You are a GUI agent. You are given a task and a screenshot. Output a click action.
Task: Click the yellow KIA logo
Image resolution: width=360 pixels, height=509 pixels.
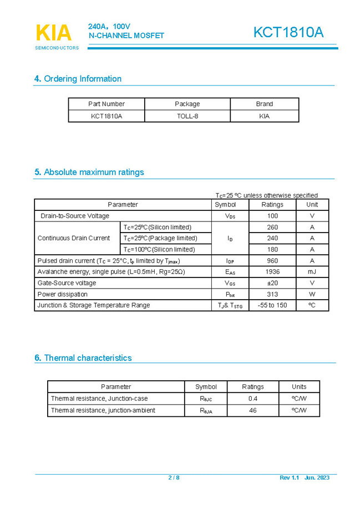point(54,33)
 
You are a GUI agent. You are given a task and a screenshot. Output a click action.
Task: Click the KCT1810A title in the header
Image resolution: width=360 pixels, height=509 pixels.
point(288,33)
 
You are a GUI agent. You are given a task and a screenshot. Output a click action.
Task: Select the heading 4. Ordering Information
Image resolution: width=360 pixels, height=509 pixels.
point(78,79)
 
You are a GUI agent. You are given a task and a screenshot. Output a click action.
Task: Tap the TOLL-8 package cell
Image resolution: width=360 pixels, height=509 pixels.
point(187,116)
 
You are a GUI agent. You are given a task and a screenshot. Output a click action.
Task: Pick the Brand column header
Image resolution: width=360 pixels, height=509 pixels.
point(264,104)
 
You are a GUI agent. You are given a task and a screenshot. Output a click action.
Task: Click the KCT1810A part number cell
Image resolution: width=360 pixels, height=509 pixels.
point(107,116)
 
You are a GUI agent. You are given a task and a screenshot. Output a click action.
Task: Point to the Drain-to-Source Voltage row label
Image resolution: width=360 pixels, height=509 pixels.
point(75,216)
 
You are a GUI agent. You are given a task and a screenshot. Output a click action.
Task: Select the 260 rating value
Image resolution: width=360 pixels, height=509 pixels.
point(272,227)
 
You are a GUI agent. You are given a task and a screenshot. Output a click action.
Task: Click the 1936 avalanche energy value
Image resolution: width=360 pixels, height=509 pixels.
point(272,272)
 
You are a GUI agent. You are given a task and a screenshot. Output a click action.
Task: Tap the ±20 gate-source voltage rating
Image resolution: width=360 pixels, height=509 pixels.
point(272,283)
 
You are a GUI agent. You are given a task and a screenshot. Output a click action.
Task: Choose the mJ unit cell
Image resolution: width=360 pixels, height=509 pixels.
point(312,272)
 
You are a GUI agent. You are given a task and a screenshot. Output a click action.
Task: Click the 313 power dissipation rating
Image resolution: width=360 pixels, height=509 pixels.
point(272,294)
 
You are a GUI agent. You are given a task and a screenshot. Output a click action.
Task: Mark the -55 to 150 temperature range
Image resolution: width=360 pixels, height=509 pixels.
point(272,305)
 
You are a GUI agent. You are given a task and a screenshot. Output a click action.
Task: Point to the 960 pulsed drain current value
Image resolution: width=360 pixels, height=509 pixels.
point(272,261)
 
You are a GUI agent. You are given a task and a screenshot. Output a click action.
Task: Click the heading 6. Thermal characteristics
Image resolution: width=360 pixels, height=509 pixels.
point(83,358)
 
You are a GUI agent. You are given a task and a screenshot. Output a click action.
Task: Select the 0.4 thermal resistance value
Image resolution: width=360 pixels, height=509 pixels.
point(253,399)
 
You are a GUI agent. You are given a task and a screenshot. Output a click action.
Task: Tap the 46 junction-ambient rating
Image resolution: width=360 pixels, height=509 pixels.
point(253,410)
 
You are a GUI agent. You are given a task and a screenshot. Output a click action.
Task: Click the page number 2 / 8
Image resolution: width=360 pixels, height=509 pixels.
point(174,478)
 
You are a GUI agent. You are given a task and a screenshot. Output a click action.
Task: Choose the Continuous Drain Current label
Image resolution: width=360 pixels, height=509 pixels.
point(74,238)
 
